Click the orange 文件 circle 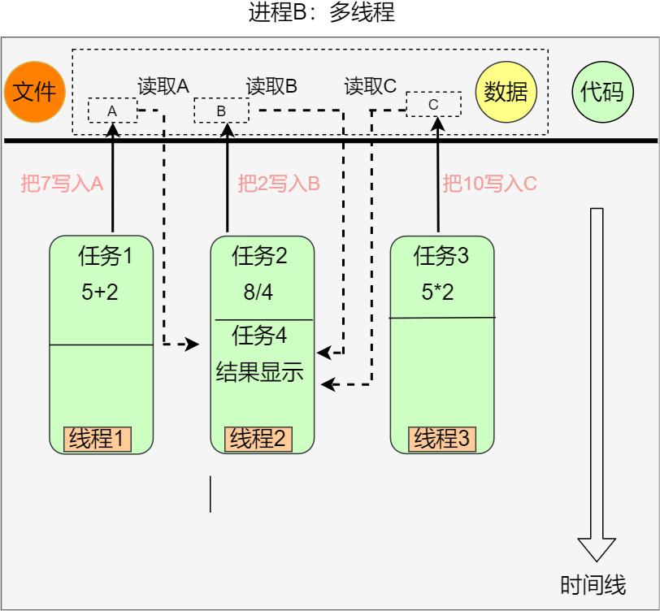click(34, 92)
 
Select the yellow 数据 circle click(506, 92)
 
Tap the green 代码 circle click(601, 92)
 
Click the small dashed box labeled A click(112, 110)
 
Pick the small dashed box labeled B click(221, 110)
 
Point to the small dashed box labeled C click(433, 104)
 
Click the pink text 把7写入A click(63, 184)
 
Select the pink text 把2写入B click(279, 184)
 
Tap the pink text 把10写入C click(489, 184)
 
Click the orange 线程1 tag click(98, 440)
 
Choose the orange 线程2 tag click(258, 440)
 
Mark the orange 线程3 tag click(442, 440)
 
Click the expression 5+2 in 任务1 click(100, 292)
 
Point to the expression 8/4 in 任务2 click(258, 292)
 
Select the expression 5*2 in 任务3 click(438, 292)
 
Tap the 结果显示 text click(259, 372)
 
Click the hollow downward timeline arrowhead click(597, 548)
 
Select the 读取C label click(371, 86)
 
